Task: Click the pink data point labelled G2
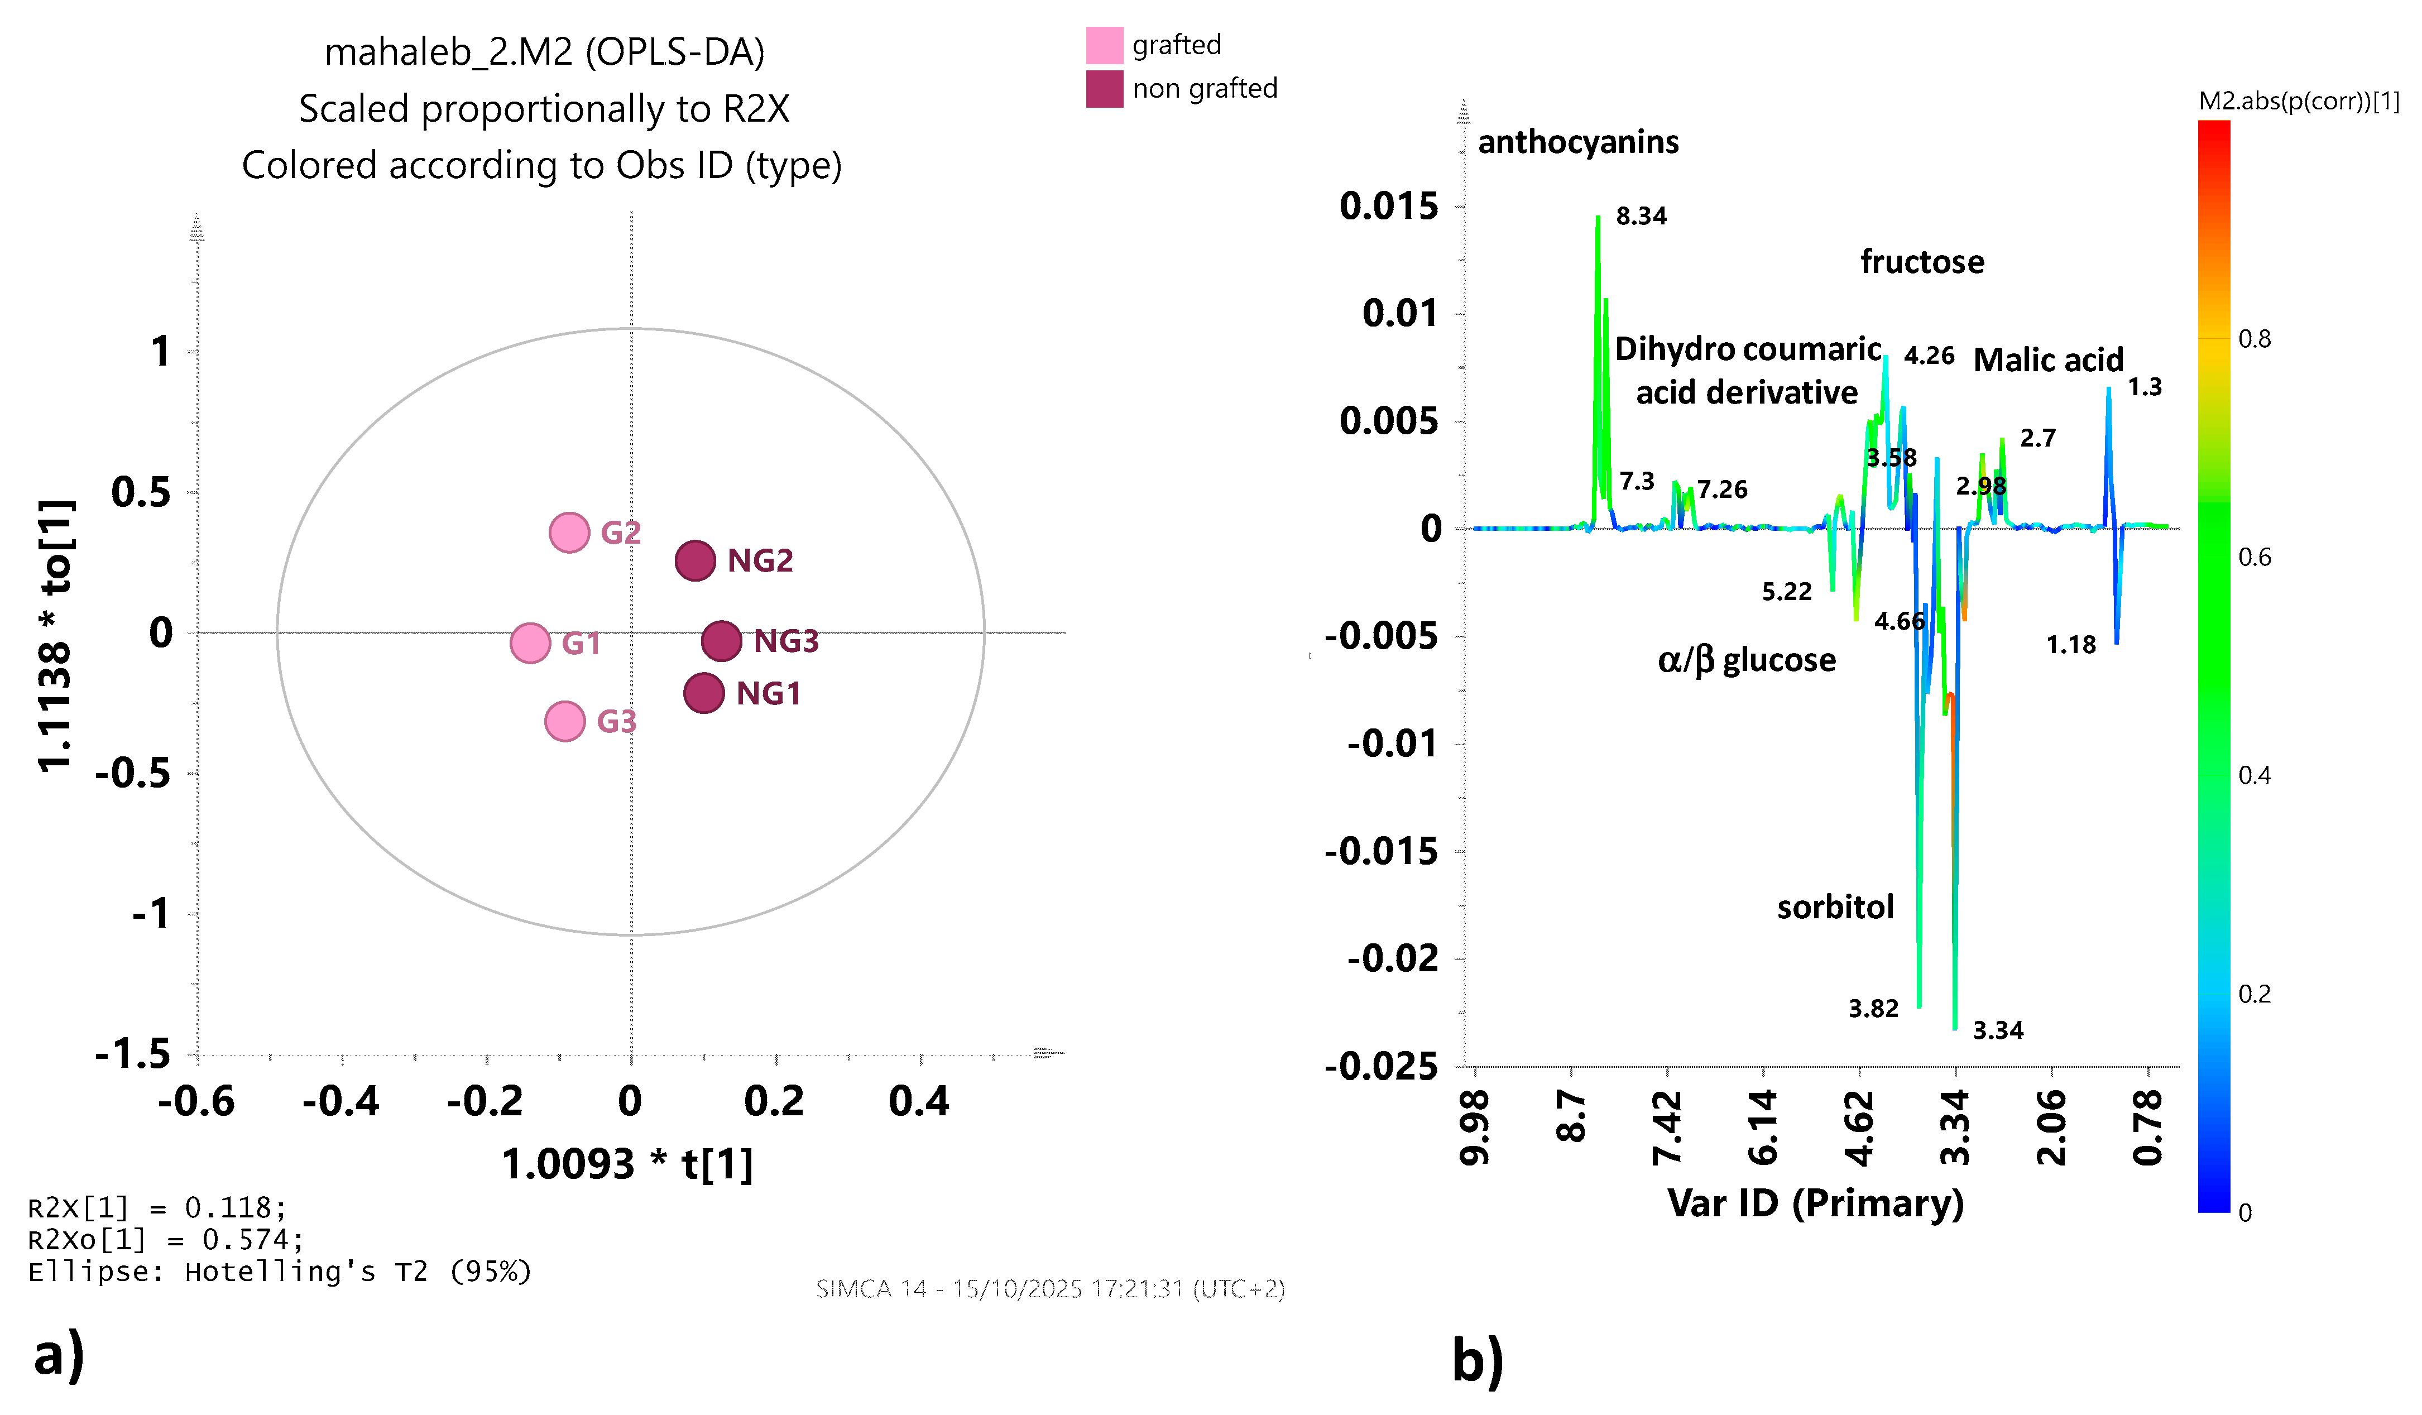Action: pos(569,533)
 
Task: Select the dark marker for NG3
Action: pos(721,640)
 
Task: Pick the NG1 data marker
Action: pos(703,693)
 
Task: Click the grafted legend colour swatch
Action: pos(1104,45)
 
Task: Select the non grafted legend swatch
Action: pos(1104,88)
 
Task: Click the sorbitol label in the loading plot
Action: pos(1835,906)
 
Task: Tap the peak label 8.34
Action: pos(1641,215)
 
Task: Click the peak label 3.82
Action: pos(1873,1009)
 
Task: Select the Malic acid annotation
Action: pos(2048,359)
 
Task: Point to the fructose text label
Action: pos(1922,261)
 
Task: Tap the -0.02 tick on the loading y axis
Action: pos(1393,958)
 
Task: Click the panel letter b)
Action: pos(1477,1361)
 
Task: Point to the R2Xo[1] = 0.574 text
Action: pos(165,1240)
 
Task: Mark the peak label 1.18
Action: pos(2071,644)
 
